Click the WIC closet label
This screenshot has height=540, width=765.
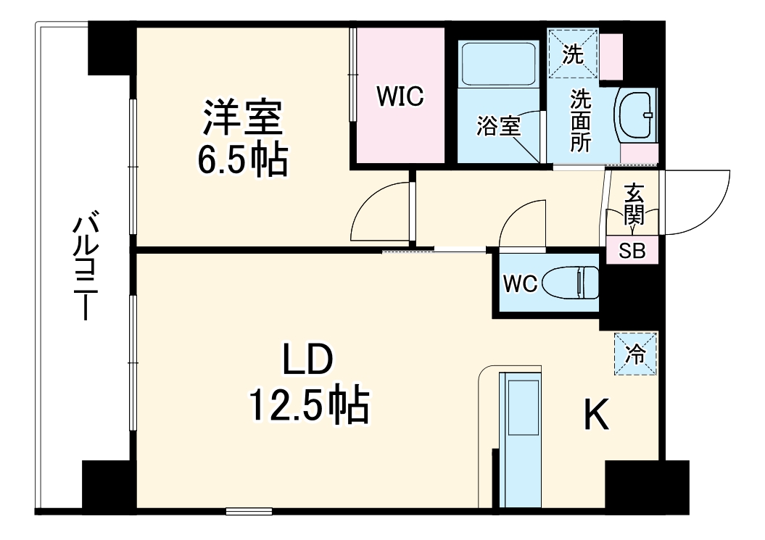[x=400, y=97]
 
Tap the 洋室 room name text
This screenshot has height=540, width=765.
[x=242, y=118]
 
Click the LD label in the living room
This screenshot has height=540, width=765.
[x=307, y=361]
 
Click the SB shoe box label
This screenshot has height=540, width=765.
[x=632, y=251]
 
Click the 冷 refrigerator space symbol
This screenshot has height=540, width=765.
[x=635, y=354]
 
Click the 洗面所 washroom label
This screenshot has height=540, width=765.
[x=580, y=120]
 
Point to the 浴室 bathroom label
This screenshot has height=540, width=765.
[x=499, y=125]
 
